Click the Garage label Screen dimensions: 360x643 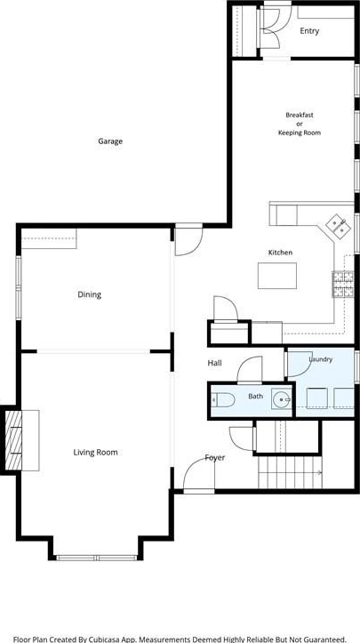pos(110,141)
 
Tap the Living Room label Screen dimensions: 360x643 pos(95,453)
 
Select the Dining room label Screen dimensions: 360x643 pos(90,294)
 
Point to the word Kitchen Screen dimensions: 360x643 pos(281,253)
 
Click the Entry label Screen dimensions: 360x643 pos(309,31)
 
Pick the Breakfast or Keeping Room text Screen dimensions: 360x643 pos(300,124)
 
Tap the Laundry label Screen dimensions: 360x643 pos(321,359)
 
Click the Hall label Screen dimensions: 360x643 pos(215,363)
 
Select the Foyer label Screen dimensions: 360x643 pos(215,458)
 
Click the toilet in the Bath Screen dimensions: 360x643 pos(223,400)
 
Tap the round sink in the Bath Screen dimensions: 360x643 pos(282,399)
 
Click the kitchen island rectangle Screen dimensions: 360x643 pos(277,276)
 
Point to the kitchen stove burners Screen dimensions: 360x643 pos(343,284)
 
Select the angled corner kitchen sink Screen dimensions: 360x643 pos(339,226)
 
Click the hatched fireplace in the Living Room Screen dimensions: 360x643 pos(13,440)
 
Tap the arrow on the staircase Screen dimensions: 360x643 pos(317,473)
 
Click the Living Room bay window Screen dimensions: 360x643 pos(97,558)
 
